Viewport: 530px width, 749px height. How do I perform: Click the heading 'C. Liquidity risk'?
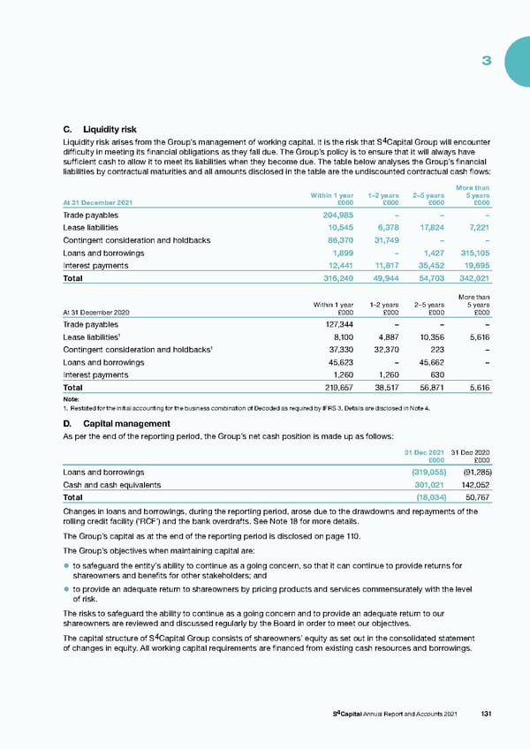click(98, 130)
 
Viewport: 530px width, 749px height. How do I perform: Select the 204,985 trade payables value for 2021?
click(336, 215)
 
